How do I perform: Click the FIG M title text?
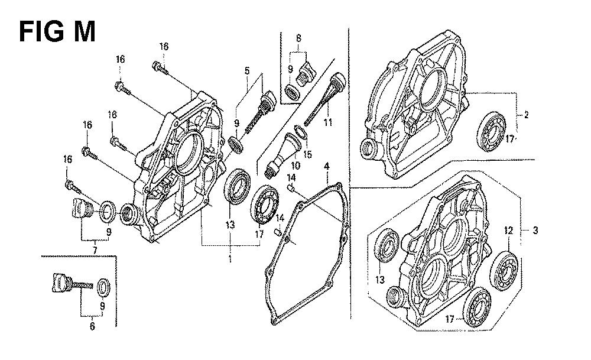click(57, 32)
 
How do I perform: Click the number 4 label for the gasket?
click(327, 166)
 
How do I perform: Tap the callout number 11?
click(328, 122)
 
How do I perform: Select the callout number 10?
click(295, 165)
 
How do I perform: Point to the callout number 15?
click(308, 154)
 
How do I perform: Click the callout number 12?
click(508, 231)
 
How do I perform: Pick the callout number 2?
click(526, 115)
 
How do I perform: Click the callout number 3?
click(535, 230)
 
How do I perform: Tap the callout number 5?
click(247, 70)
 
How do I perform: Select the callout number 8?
click(298, 38)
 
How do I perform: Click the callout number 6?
click(92, 326)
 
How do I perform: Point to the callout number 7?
click(95, 250)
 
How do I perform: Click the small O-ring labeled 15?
click(300, 132)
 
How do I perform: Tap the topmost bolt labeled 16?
click(160, 68)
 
